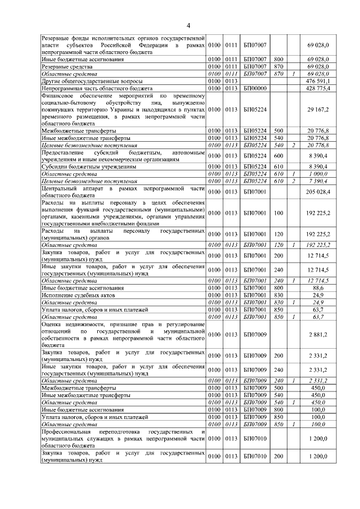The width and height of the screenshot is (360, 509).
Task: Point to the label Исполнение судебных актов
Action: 78,294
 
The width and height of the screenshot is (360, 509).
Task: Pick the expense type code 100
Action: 278,214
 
